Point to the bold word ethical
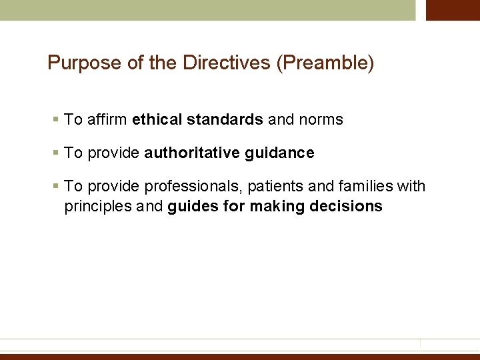[x=156, y=120]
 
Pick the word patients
[x=275, y=187]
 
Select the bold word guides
[x=193, y=207]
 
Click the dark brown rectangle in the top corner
[x=453, y=10]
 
